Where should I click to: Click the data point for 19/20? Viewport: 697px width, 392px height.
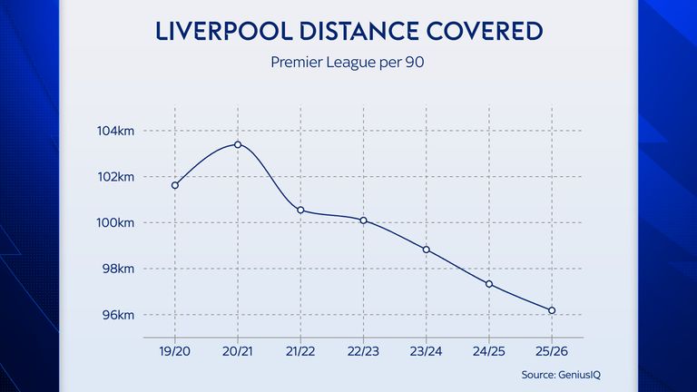click(x=175, y=185)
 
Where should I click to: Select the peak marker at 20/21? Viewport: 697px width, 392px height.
click(x=238, y=144)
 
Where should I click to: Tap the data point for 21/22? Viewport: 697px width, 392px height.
click(x=300, y=211)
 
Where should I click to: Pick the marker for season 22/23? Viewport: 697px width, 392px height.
click(x=363, y=220)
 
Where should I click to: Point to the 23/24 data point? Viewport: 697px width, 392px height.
click(x=427, y=250)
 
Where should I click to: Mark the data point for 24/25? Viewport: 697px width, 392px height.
click(x=489, y=284)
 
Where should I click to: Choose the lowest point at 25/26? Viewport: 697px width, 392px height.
click(x=552, y=310)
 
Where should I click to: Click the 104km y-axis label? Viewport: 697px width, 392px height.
click(x=116, y=132)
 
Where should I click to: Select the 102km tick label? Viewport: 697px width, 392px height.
click(x=116, y=177)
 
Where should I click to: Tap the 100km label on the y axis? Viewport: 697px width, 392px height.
click(x=116, y=223)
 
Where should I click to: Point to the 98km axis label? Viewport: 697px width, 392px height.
click(x=118, y=269)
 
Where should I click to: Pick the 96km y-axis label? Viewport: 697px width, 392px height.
click(x=118, y=315)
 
